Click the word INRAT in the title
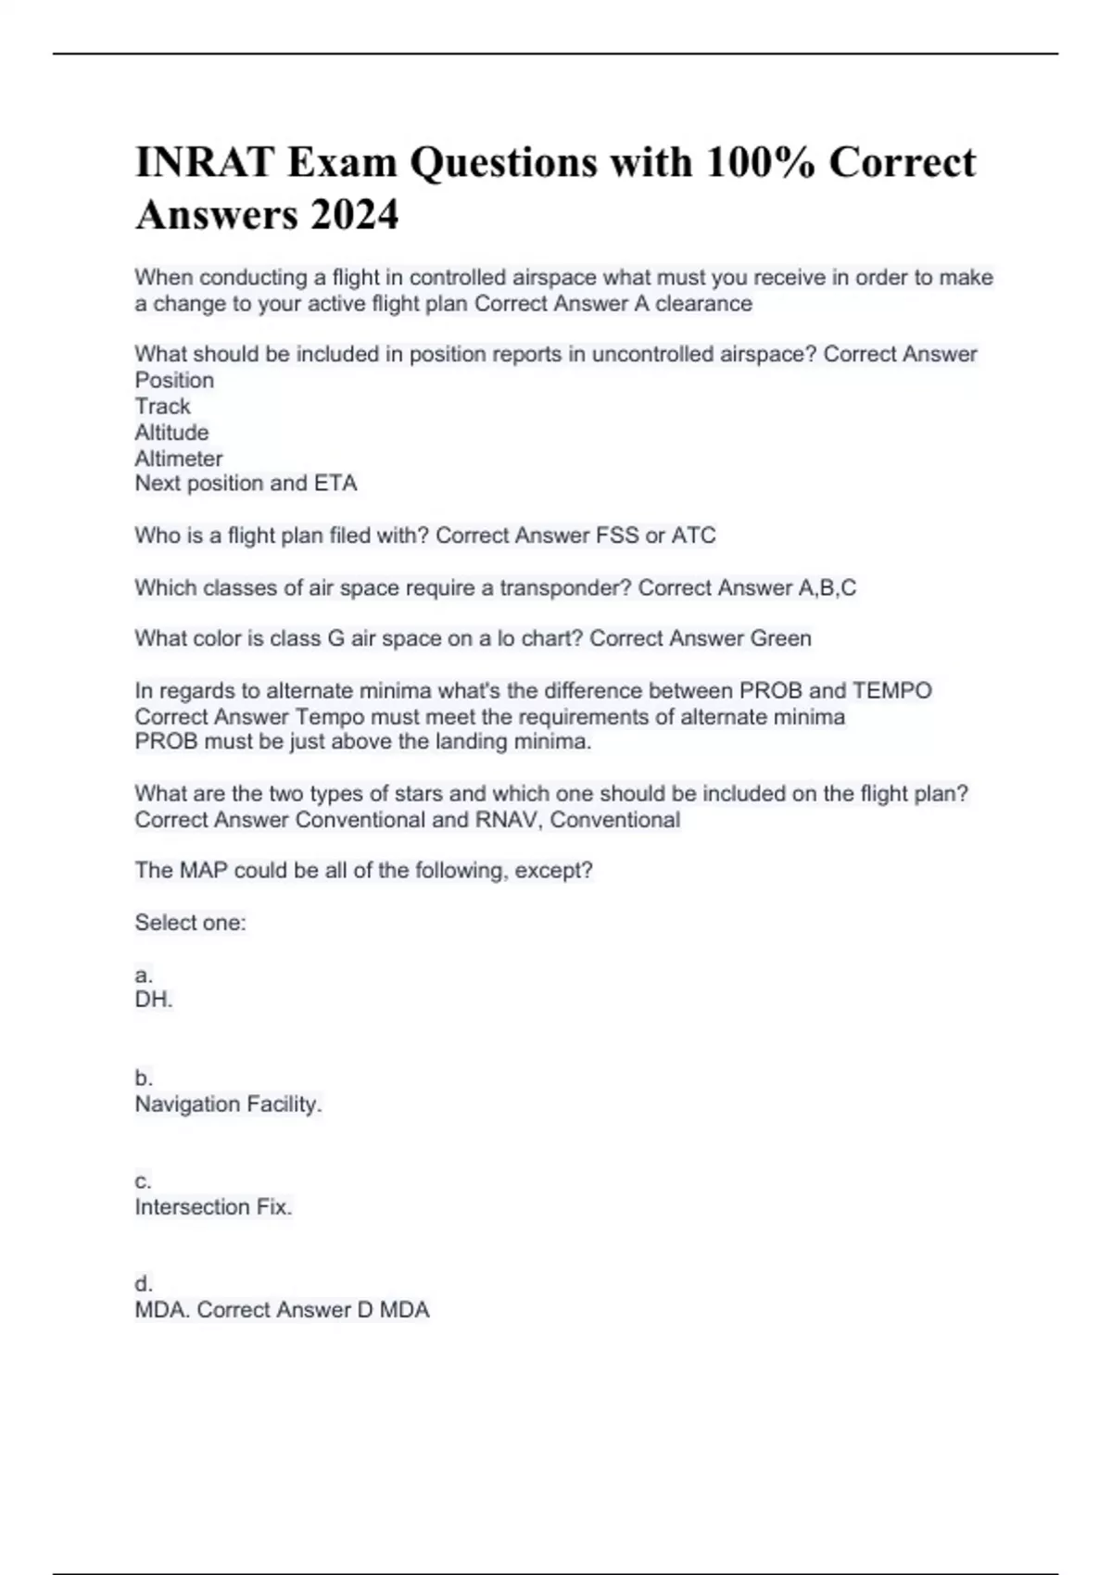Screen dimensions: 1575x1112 point(204,162)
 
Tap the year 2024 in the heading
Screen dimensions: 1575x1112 point(354,215)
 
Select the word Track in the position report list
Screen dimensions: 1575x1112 point(162,406)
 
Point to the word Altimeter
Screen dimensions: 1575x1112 point(179,459)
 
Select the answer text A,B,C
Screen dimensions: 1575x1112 point(827,587)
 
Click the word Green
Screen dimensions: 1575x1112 point(780,638)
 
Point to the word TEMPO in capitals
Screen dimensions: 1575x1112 point(891,691)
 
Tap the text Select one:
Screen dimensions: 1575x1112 point(190,923)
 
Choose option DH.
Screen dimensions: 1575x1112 point(154,1000)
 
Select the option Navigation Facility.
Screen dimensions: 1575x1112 point(228,1104)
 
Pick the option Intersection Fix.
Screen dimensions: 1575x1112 point(213,1207)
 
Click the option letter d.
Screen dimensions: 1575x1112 point(144,1284)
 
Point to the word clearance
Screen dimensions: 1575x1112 point(704,304)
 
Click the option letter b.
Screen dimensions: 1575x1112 point(144,1078)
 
